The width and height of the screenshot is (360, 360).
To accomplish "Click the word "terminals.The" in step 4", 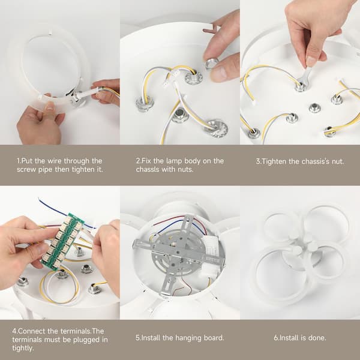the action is (82, 331).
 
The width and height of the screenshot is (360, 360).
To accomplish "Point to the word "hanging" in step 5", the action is (186, 338).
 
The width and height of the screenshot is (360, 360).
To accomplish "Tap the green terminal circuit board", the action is (62, 241).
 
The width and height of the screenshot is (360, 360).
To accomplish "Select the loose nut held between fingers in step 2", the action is (212, 63).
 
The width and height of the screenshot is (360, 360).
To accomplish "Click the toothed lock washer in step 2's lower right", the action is (216, 128).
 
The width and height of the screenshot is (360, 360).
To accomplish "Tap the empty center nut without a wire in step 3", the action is (314, 108).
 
